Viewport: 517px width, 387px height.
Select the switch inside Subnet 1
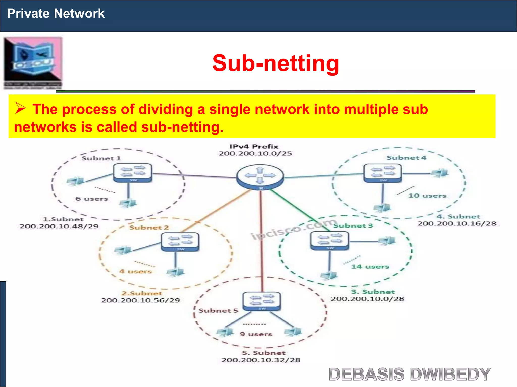pos(133,173)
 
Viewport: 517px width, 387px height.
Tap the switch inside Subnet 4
pos(382,173)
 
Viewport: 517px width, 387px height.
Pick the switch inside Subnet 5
pos(262,301)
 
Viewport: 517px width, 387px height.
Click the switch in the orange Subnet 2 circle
pos(180,242)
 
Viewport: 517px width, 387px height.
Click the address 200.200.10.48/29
pos(59,226)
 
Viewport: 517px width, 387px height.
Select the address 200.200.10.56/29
pos(141,300)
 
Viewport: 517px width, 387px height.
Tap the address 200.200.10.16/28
pos(457,223)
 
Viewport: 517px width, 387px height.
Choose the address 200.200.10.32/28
pos(261,360)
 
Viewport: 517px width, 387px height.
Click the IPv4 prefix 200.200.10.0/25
pos(255,153)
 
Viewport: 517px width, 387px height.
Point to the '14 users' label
pos(370,267)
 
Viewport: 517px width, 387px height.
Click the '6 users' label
pos(92,199)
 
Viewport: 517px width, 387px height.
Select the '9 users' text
pos(256,334)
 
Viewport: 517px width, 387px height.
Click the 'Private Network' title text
pos(56,13)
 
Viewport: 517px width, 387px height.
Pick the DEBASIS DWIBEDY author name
pos(410,374)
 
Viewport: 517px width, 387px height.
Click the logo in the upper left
pos(33,63)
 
